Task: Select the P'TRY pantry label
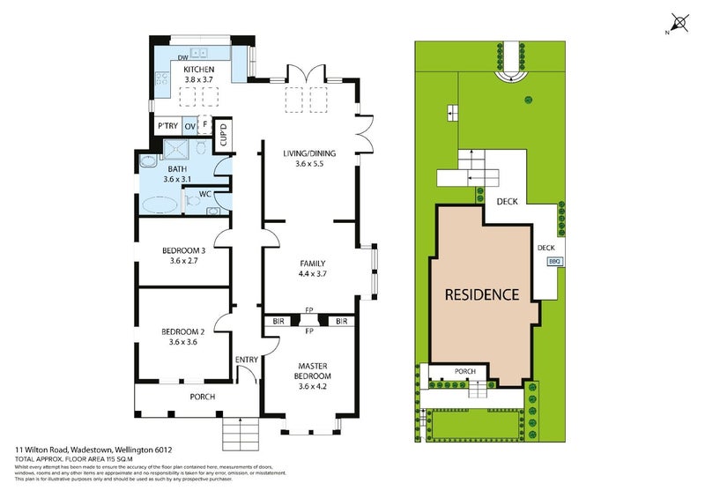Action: coord(167,126)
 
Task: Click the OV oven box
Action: coord(189,126)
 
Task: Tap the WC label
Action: coord(204,193)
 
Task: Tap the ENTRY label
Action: coord(246,359)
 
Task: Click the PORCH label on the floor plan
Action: coord(202,397)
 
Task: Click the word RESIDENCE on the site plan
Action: coord(480,294)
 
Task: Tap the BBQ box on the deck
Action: coord(554,262)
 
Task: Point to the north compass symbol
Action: coord(679,23)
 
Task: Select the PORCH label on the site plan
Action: coord(464,372)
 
